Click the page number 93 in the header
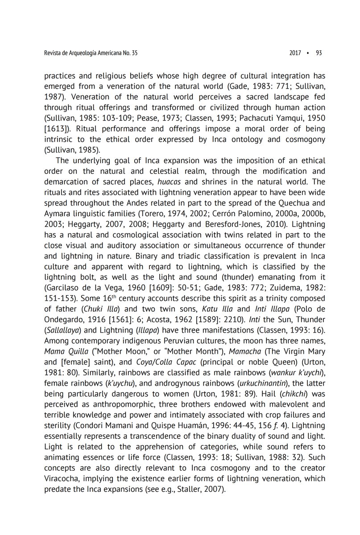pyautogui.click(x=319, y=53)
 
